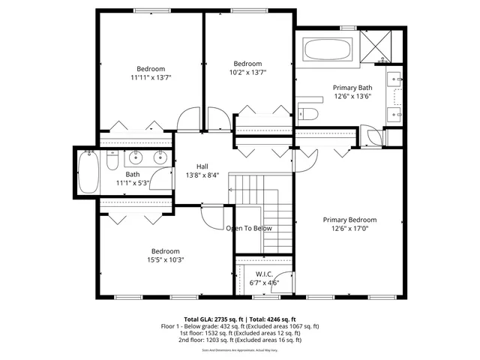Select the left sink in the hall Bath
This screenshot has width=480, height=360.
[136, 157]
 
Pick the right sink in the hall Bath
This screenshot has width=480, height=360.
[159, 157]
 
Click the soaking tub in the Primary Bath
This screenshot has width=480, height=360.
[327, 51]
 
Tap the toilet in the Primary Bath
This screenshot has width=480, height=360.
[310, 114]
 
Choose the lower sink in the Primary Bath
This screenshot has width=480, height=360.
[394, 113]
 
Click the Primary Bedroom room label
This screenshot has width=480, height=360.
[349, 220]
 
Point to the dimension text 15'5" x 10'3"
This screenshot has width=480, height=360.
[165, 259]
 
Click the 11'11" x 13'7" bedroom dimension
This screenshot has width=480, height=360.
[150, 77]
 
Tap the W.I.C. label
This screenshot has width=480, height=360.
[264, 274]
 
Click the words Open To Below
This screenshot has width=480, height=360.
[249, 228]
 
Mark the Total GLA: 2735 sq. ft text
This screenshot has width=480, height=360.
[212, 319]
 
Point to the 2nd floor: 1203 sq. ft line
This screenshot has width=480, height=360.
[240, 340]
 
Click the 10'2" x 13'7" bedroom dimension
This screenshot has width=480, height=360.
[247, 72]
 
